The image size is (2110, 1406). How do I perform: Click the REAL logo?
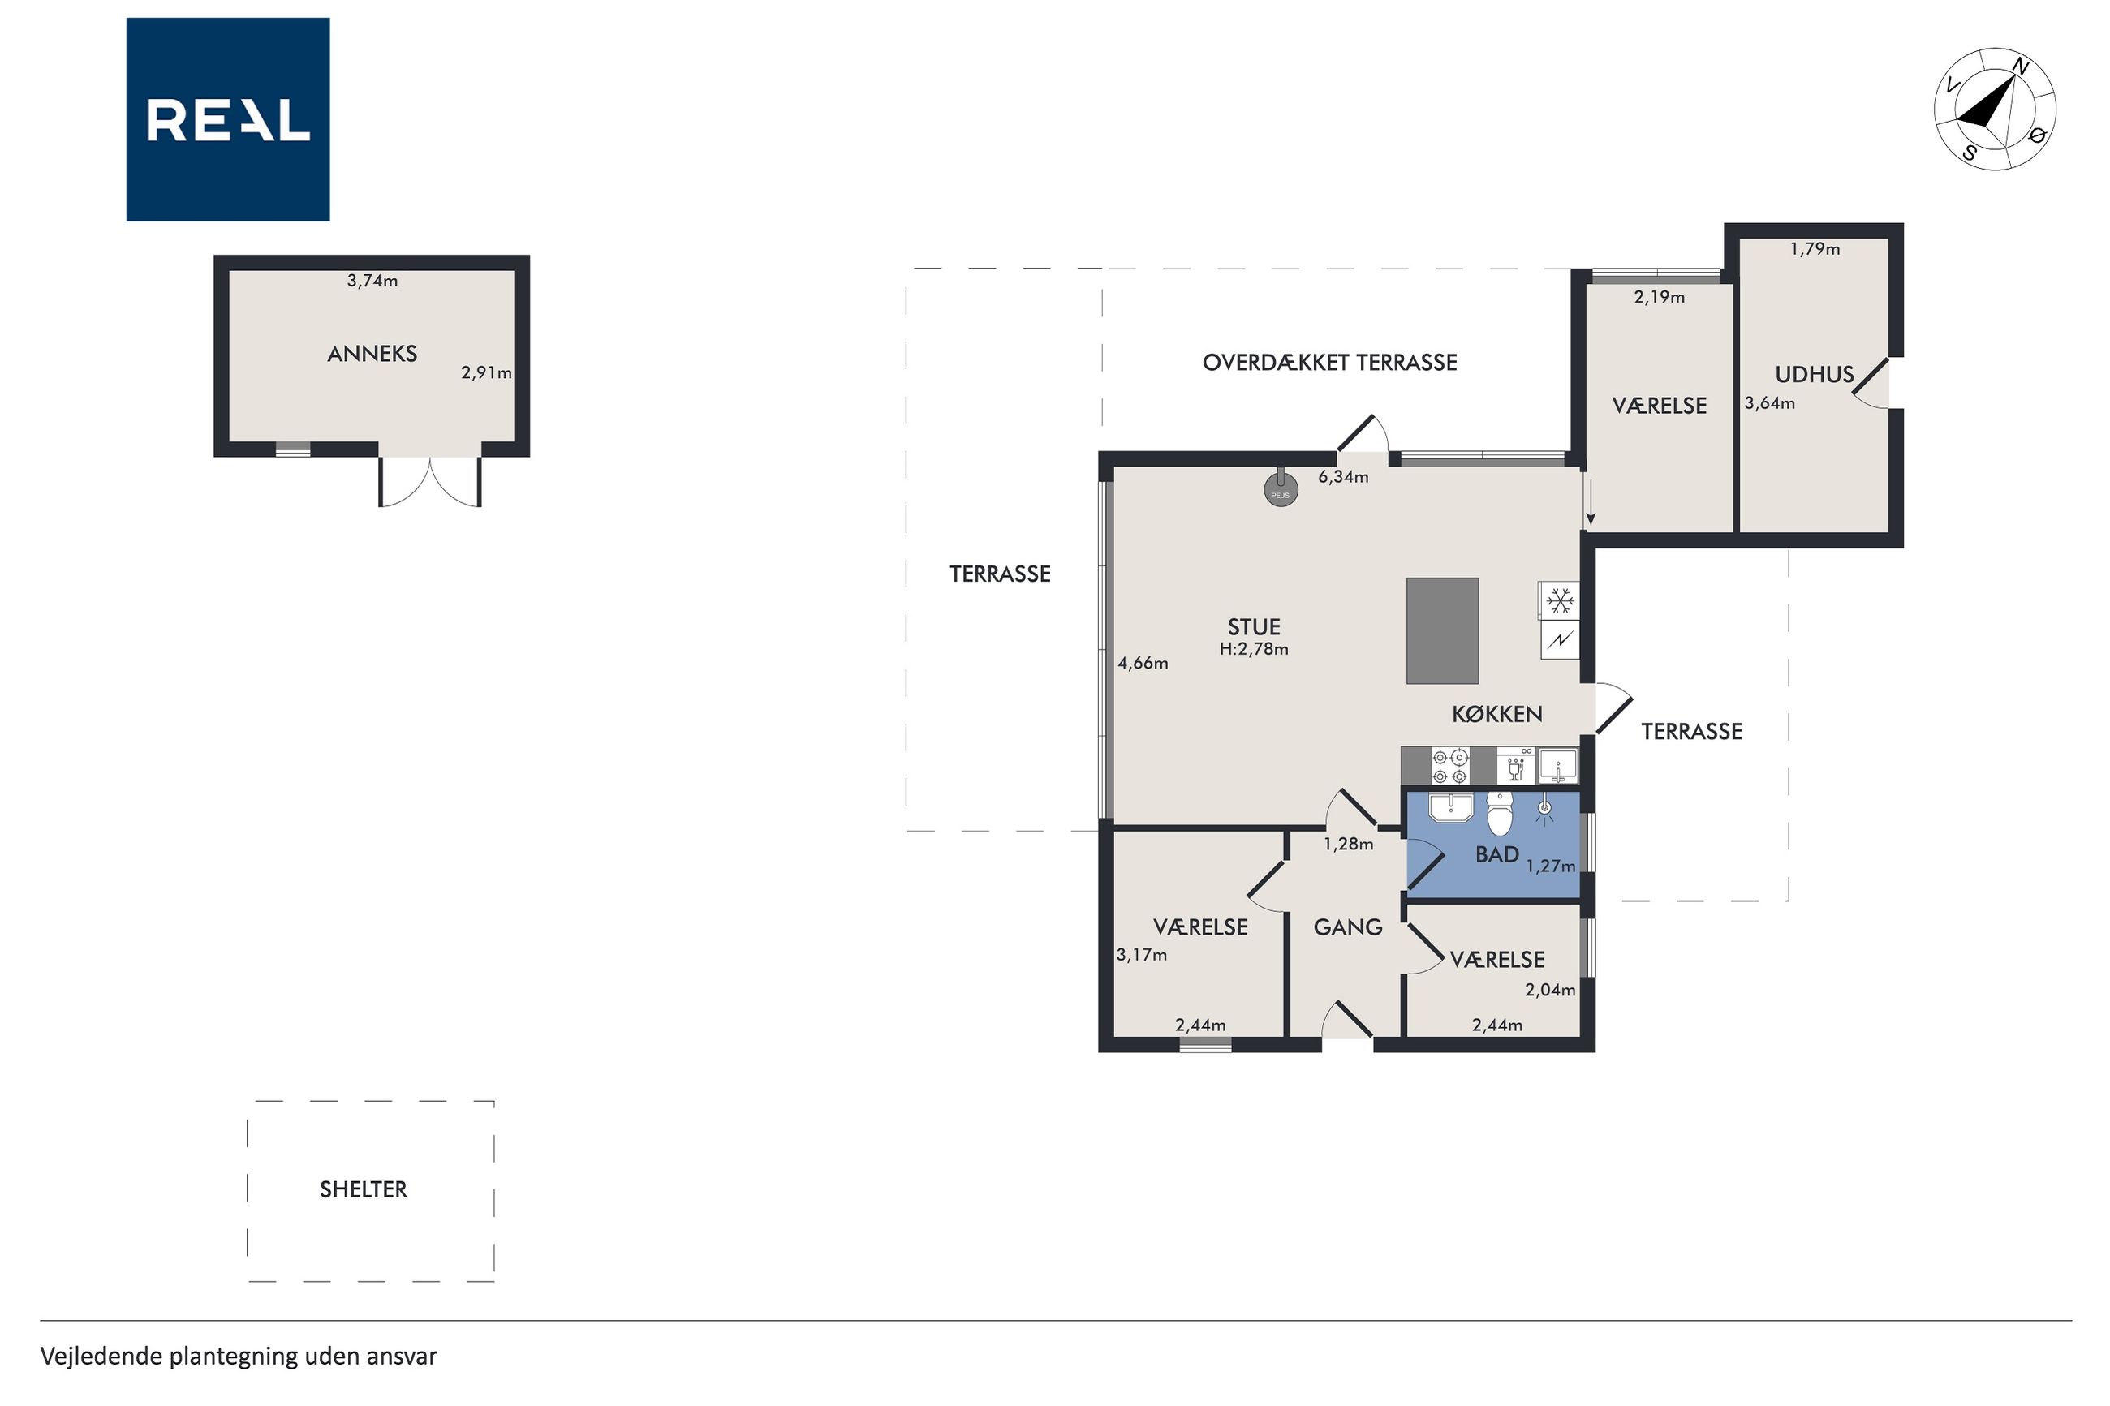point(228,119)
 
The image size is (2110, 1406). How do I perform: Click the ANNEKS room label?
point(372,355)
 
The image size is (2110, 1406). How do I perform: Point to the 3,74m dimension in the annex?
point(372,281)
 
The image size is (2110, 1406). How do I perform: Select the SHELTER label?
point(364,1189)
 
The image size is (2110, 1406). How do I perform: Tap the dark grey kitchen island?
point(1442,630)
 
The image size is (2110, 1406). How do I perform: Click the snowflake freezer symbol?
point(1561,601)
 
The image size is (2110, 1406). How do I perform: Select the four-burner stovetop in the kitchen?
point(1450,766)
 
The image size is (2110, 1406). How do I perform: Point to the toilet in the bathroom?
point(1501,812)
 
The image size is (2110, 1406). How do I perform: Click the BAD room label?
point(1496,854)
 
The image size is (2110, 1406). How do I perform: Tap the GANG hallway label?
point(1348,927)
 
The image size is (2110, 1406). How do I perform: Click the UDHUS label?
point(1814,375)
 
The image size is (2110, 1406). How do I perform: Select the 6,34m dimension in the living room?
point(1343,477)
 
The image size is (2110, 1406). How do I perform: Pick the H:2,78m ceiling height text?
point(1254,649)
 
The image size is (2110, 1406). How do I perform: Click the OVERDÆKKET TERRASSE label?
point(1330,363)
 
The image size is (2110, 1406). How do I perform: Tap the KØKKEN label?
point(1496,714)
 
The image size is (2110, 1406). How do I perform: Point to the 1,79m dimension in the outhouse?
point(1815,249)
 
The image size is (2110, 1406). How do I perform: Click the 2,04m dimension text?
point(1550,990)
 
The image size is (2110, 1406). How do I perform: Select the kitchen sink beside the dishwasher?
point(1558,767)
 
